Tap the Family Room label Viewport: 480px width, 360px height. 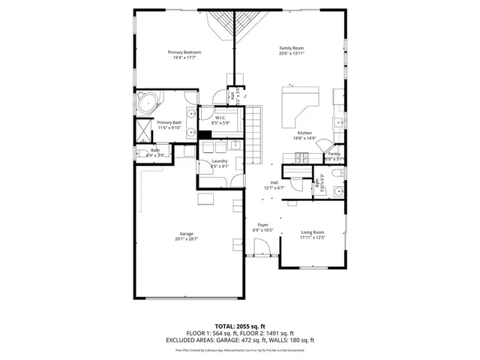click(x=292, y=48)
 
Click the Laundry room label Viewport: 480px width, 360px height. click(x=220, y=161)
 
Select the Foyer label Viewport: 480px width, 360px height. click(x=263, y=225)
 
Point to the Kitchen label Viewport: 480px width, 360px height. click(x=304, y=133)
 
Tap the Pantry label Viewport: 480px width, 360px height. click(x=334, y=154)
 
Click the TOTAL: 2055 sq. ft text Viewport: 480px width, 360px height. click(x=239, y=327)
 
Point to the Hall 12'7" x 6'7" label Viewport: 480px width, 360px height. click(x=274, y=183)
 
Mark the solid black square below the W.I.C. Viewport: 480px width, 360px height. click(x=202, y=134)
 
